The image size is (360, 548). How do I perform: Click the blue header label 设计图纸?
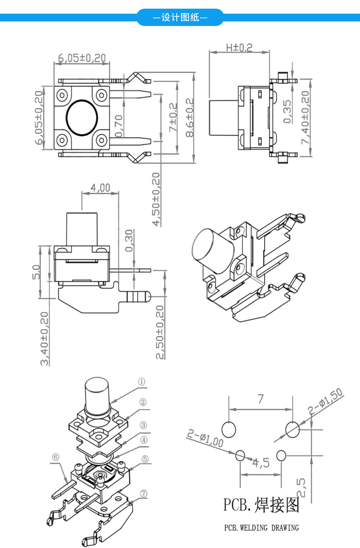tap(180, 18)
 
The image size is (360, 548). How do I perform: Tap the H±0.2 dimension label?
tap(239, 47)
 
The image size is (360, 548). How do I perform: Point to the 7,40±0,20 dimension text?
tap(305, 118)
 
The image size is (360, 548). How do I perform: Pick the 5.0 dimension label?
tap(37, 272)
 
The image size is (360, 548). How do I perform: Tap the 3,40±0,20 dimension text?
tap(45, 338)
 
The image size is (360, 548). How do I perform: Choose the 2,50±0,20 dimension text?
tap(159, 332)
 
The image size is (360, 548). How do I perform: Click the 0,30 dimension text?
tap(129, 241)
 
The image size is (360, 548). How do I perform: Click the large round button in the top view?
tap(83, 118)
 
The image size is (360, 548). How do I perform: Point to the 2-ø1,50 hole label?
tap(325, 402)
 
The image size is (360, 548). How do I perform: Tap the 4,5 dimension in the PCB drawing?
tap(261, 463)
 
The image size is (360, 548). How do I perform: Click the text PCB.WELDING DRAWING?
tap(261, 528)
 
